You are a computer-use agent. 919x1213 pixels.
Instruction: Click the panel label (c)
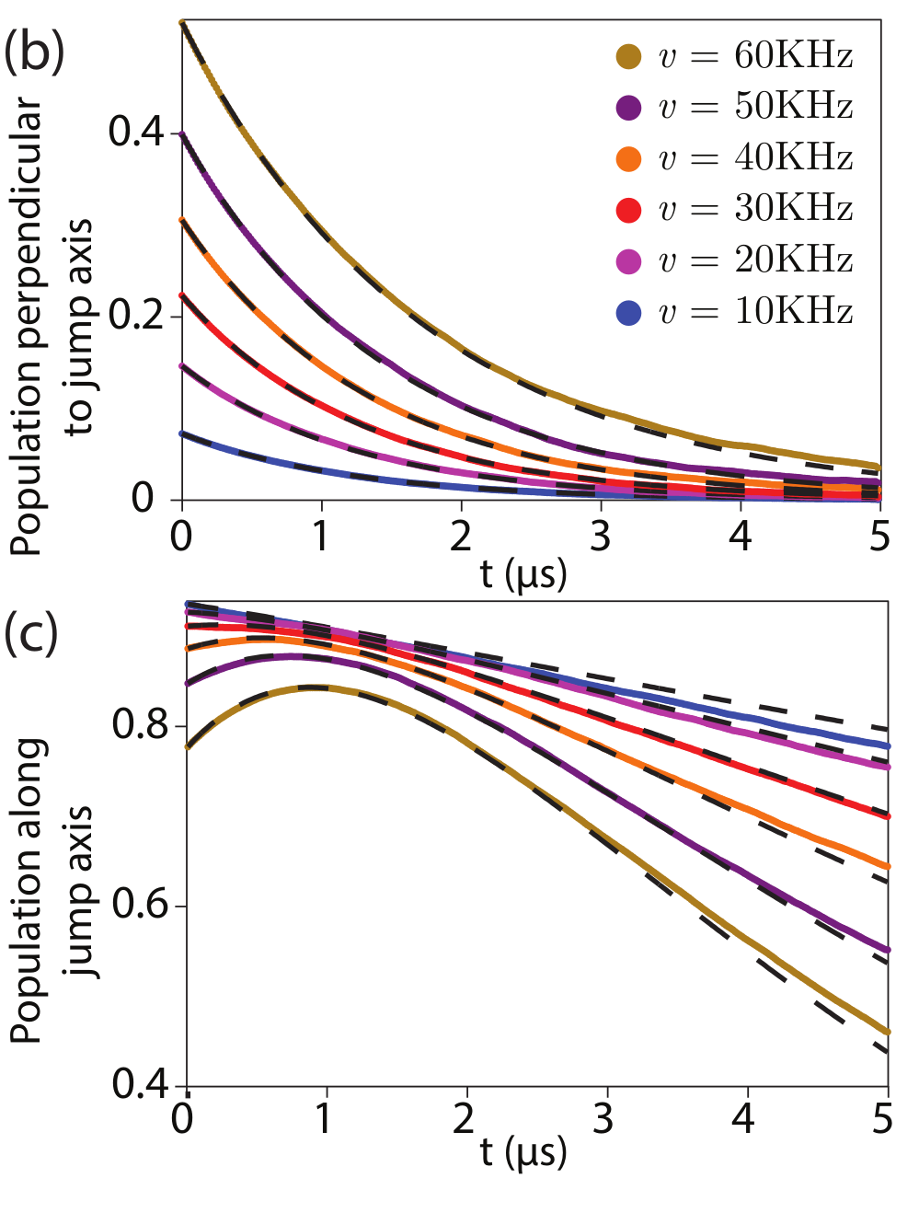[x=31, y=634]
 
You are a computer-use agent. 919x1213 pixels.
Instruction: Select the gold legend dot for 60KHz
[x=628, y=56]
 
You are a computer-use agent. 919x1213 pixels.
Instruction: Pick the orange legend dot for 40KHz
[x=628, y=158]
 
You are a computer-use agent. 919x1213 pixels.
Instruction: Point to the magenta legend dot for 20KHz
[x=628, y=261]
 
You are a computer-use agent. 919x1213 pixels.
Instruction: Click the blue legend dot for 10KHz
[x=628, y=313]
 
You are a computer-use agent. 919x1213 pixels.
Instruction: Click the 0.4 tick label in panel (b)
[x=136, y=132]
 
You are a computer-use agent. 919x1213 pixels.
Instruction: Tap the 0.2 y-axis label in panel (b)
[x=136, y=316]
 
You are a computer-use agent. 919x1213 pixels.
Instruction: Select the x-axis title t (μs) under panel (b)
[x=523, y=573]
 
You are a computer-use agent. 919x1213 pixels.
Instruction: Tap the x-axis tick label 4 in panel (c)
[x=742, y=1119]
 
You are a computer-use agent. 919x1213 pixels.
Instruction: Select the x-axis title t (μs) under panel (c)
[x=523, y=1151]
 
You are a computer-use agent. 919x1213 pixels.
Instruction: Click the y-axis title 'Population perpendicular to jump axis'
[x=52, y=327]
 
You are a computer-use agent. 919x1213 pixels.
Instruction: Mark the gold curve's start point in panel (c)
[x=188, y=746]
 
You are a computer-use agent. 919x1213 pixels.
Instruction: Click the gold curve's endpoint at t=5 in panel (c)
[x=888, y=1032]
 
